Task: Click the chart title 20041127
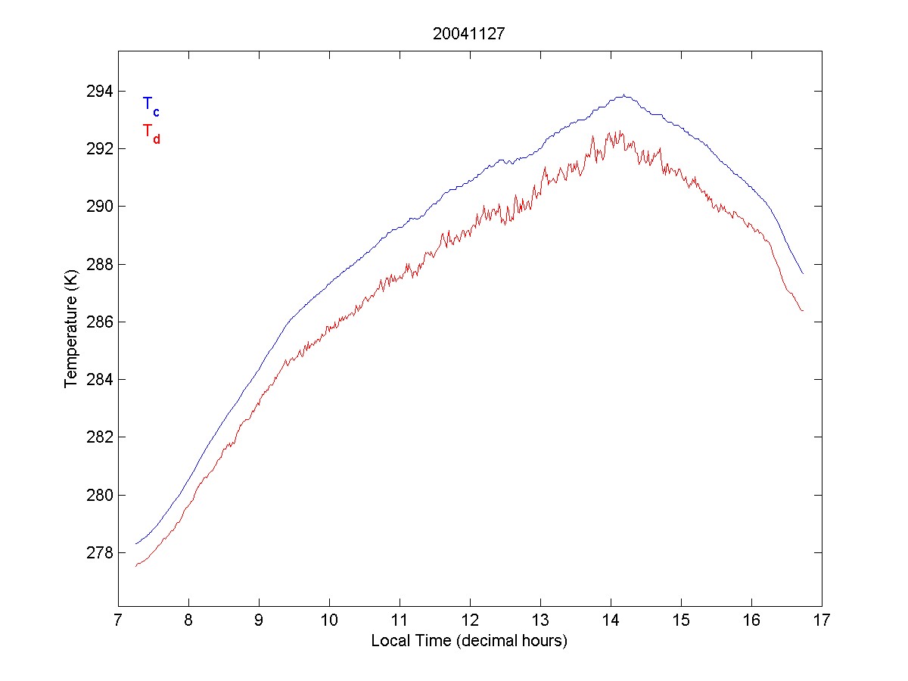coord(469,34)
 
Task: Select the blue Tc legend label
coord(151,105)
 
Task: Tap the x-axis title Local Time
coord(469,641)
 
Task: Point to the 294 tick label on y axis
coord(96,92)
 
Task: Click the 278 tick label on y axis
coord(96,553)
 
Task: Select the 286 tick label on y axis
coord(96,322)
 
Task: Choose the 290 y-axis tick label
coord(96,207)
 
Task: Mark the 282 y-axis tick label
coord(96,437)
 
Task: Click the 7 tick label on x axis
coord(118,621)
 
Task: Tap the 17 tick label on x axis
coord(822,621)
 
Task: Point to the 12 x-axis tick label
coord(470,621)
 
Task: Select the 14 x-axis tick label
coord(611,621)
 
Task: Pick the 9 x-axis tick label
coord(259,621)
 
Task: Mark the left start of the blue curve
coord(136,543)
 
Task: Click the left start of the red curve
coord(136,565)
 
